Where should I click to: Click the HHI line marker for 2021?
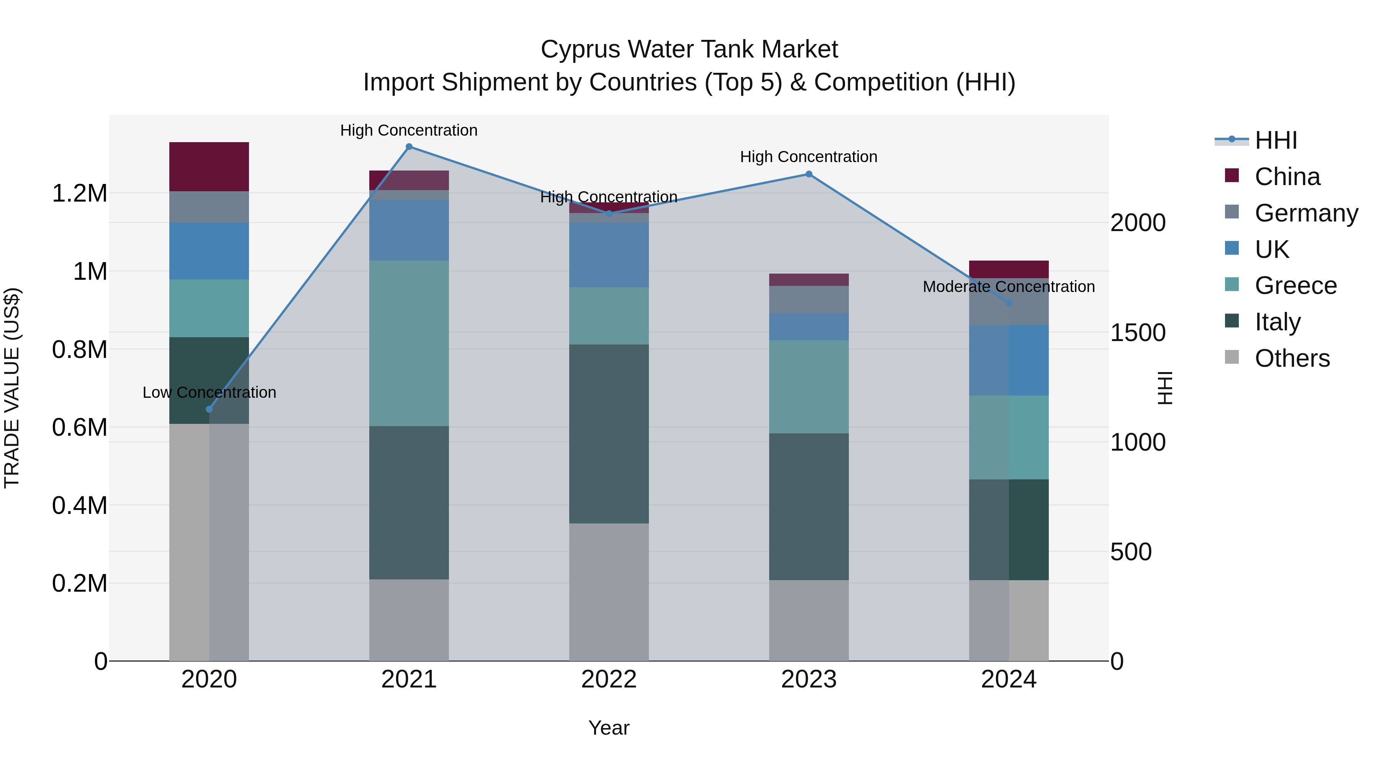point(409,147)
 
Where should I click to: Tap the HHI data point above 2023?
point(809,174)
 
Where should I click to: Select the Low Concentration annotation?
point(209,392)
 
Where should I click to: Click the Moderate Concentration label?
point(1009,287)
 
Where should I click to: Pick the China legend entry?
point(1287,177)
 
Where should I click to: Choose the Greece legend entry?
point(1295,285)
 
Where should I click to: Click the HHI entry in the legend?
point(1276,140)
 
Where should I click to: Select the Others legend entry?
point(1292,358)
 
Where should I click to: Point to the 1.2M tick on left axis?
point(80,194)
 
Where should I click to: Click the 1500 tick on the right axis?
point(1138,333)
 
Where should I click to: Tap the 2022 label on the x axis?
point(609,679)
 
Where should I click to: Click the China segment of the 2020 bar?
point(209,167)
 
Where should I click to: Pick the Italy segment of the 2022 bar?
point(609,434)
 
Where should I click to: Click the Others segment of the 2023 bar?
point(809,620)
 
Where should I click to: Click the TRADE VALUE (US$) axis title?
point(12,388)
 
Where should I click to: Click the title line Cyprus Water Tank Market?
point(689,49)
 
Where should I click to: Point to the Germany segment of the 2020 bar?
point(209,207)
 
